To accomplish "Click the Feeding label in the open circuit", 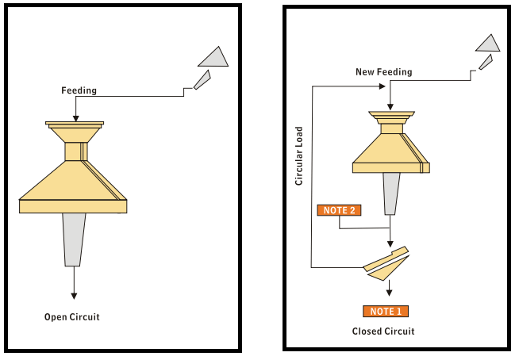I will click(x=79, y=90).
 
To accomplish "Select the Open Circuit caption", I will click(x=72, y=317).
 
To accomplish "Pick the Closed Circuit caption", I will click(x=383, y=331).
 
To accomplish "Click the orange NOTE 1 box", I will click(x=386, y=311).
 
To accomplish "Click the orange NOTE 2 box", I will click(x=340, y=210).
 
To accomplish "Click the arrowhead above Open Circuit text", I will click(x=74, y=295).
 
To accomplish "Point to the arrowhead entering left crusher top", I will click(x=75, y=118).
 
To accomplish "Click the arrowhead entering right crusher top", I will click(x=390, y=108).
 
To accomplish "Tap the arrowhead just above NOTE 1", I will click(x=389, y=292).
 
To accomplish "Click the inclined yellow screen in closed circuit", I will click(x=386, y=264).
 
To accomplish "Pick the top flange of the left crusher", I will click(x=75, y=124).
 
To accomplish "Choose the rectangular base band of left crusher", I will click(x=74, y=206).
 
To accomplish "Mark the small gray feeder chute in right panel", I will click(x=485, y=62).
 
